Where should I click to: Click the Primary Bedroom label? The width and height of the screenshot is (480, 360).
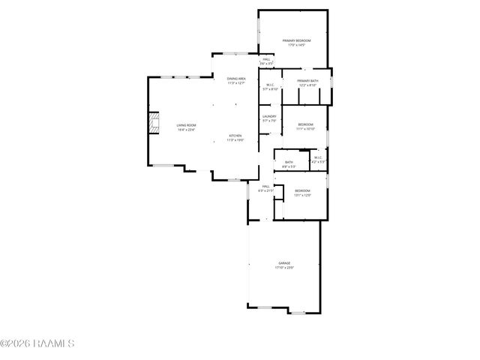pyautogui.click(x=296, y=40)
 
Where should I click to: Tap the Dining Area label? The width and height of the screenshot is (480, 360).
pyautogui.click(x=236, y=79)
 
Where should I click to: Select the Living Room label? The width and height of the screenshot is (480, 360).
pyautogui.click(x=186, y=125)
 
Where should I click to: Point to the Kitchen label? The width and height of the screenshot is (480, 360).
pyautogui.click(x=235, y=135)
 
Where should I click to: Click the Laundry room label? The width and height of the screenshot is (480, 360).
pyautogui.click(x=269, y=116)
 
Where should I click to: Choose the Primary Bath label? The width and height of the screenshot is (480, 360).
pyautogui.click(x=307, y=81)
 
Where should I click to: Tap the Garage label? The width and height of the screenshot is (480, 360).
pyautogui.click(x=284, y=263)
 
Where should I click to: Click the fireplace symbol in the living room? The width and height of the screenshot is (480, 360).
pyautogui.click(x=154, y=123)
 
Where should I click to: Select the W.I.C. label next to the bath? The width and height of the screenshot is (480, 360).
pyautogui.click(x=318, y=157)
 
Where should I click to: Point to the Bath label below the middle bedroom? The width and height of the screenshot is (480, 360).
pyautogui.click(x=289, y=162)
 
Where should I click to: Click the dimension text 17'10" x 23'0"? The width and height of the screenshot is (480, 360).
pyautogui.click(x=284, y=268)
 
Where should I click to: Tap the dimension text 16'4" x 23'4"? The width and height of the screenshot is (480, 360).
pyautogui.click(x=186, y=130)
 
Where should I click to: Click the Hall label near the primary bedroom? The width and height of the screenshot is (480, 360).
pyautogui.click(x=265, y=60)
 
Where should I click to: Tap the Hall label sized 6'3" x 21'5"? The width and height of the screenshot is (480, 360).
pyautogui.click(x=265, y=190)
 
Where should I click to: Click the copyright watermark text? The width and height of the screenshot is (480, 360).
pyautogui.click(x=37, y=343)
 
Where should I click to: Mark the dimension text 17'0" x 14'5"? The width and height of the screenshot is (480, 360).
pyautogui.click(x=296, y=45)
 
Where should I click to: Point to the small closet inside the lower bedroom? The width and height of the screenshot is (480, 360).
pyautogui.click(x=278, y=192)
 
